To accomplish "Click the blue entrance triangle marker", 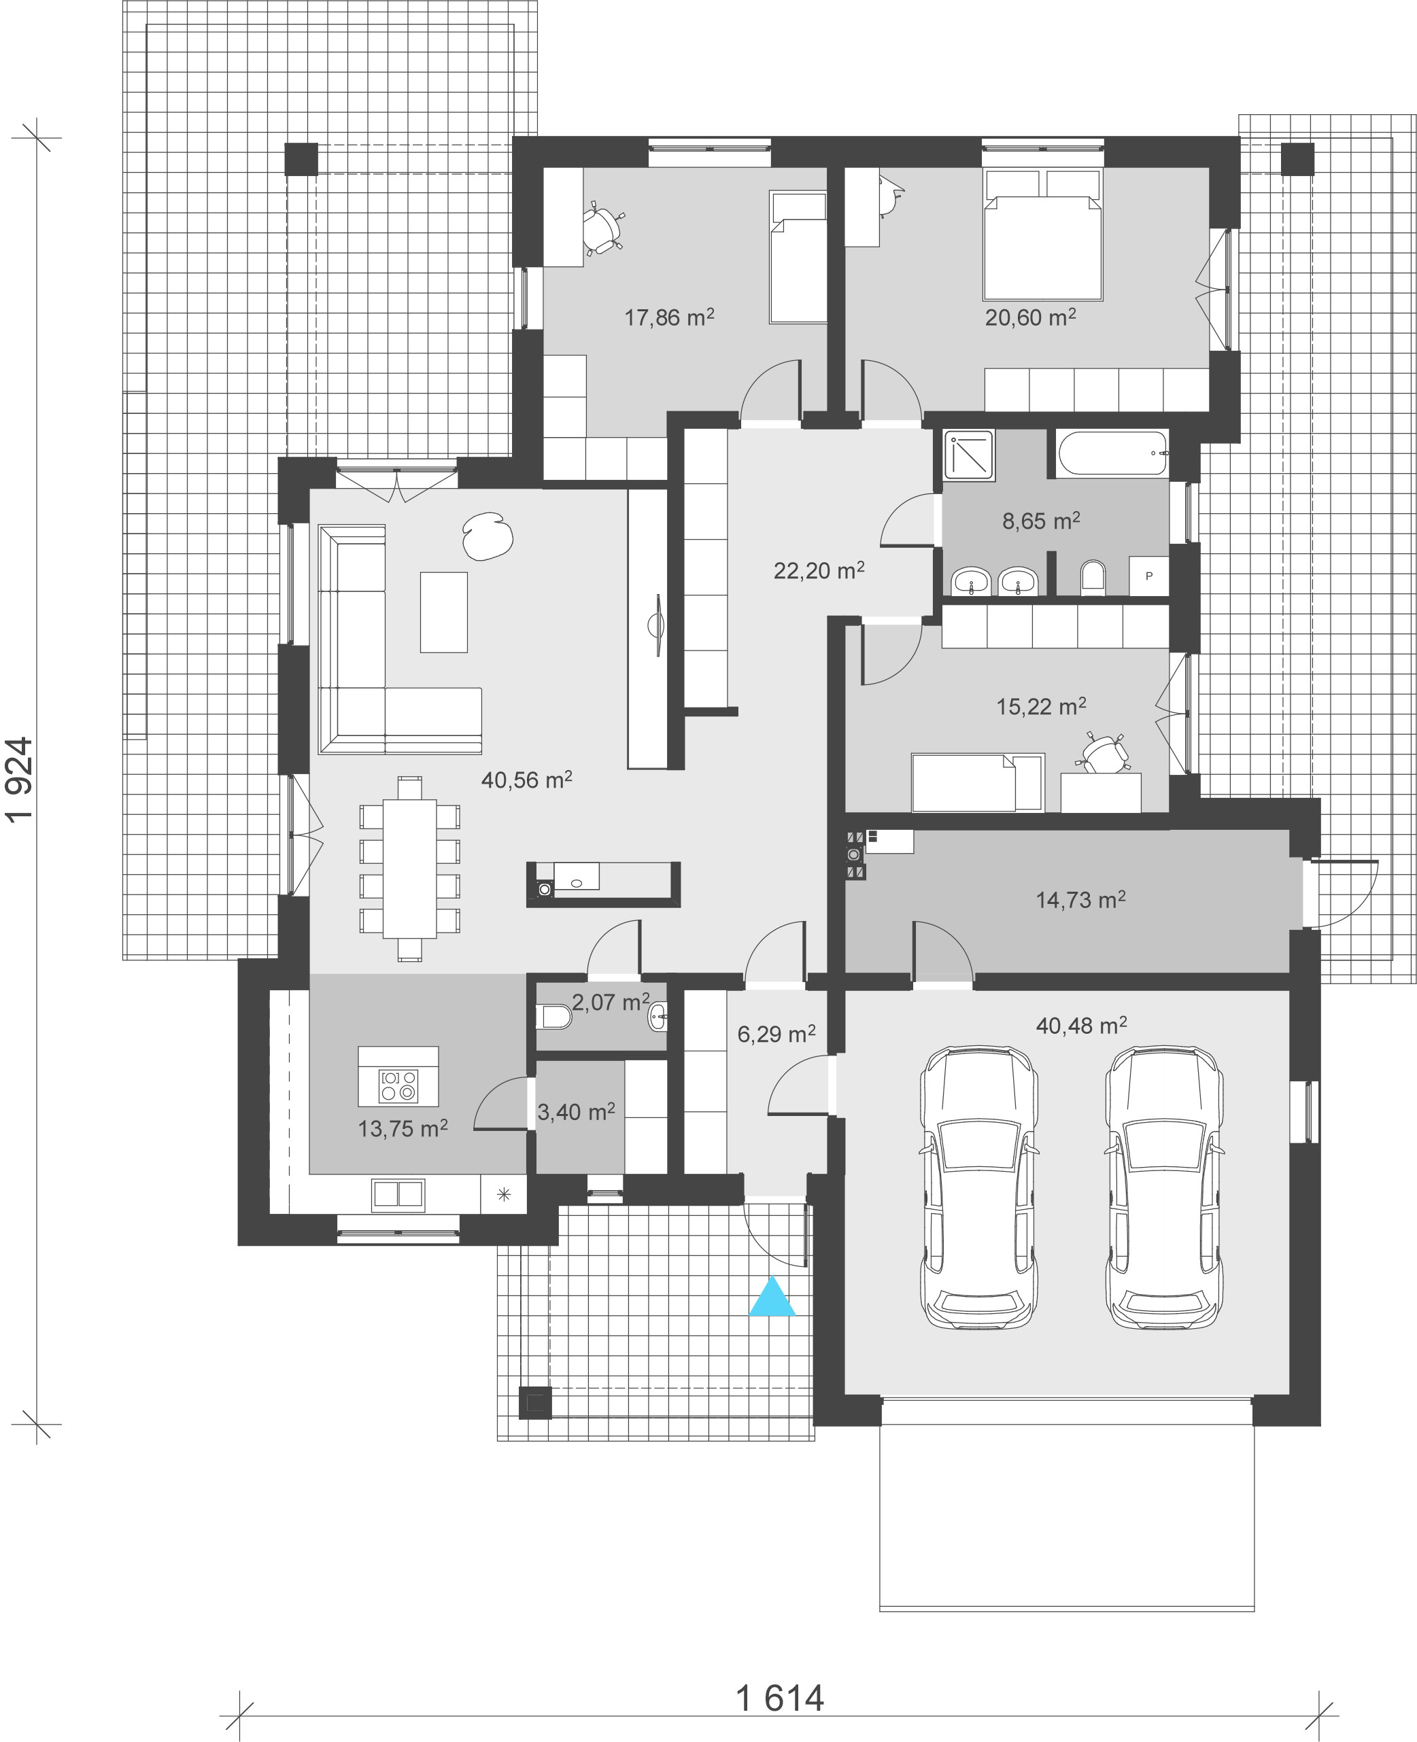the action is pyautogui.click(x=772, y=1297).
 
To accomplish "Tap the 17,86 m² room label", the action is pyautogui.click(x=669, y=317).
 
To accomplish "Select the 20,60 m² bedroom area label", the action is pyautogui.click(x=1030, y=317).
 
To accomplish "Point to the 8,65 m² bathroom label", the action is pyautogui.click(x=1041, y=521).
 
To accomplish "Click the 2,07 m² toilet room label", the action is pyautogui.click(x=611, y=1001).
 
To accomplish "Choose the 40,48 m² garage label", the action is pyautogui.click(x=1080, y=1025).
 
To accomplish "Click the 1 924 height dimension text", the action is pyautogui.click(x=20, y=780).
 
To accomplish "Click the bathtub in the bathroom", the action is pyautogui.click(x=1112, y=453).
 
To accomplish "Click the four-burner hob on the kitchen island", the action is pyautogui.click(x=398, y=1086).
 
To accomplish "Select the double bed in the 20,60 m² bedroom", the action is pyautogui.click(x=1043, y=235).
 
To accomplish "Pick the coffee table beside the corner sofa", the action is pyautogui.click(x=444, y=612).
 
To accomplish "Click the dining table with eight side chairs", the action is pyautogui.click(x=410, y=868).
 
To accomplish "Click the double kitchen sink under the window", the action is pyautogui.click(x=398, y=1194).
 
